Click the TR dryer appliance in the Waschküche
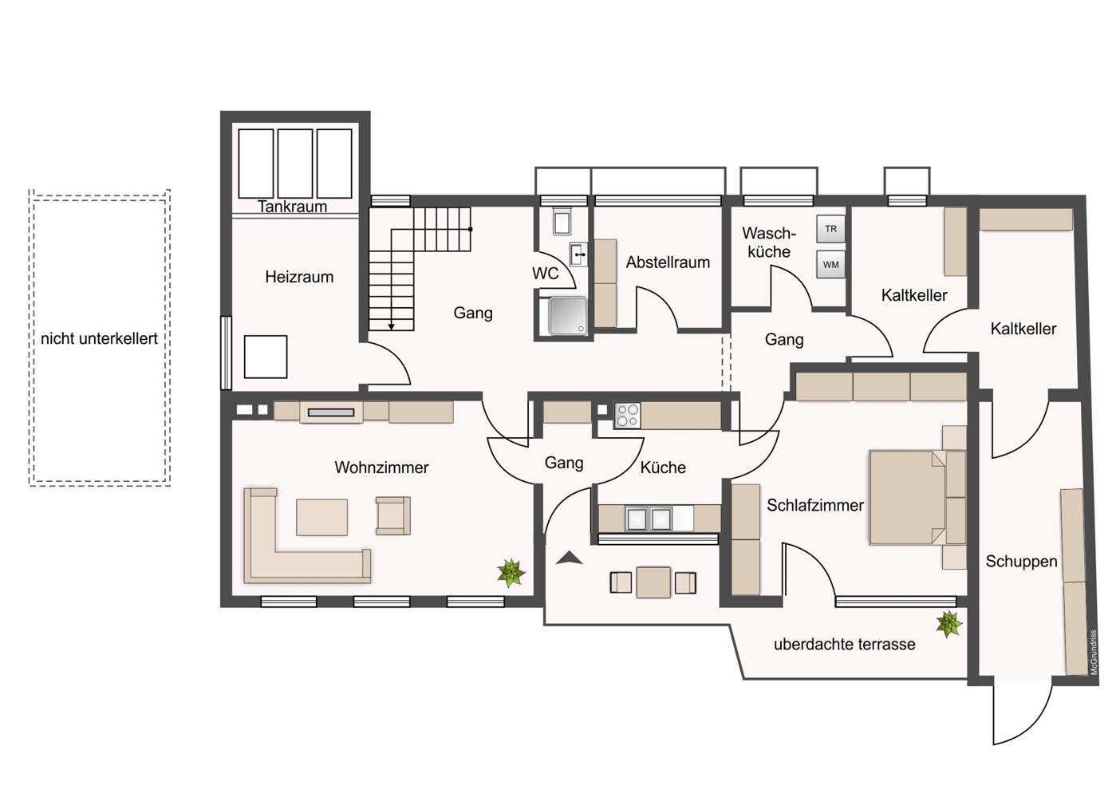point(830,229)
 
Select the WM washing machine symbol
point(830,265)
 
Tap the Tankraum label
point(292,207)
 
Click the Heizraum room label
point(299,277)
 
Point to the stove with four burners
point(627,415)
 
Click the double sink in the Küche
point(649,519)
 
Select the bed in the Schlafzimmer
point(908,498)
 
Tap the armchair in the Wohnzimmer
point(392,515)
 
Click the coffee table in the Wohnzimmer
point(321,517)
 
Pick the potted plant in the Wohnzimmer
point(511,572)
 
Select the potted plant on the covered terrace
point(948,624)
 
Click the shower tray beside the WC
point(567,316)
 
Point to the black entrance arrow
point(569,558)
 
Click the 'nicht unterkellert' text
point(99,338)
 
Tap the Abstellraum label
point(668,262)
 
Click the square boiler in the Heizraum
point(265,357)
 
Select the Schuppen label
point(1021,561)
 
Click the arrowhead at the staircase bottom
point(391,325)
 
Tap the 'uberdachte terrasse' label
point(844,645)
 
